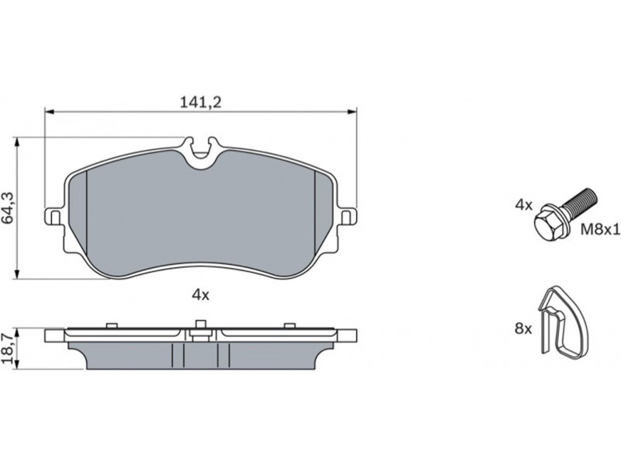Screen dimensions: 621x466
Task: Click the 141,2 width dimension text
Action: click(x=200, y=103)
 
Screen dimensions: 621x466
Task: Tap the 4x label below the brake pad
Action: click(x=200, y=294)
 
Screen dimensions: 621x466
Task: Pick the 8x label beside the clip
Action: click(x=523, y=329)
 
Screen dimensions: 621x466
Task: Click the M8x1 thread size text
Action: click(x=599, y=229)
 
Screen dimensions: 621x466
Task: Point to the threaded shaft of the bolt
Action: click(x=578, y=203)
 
